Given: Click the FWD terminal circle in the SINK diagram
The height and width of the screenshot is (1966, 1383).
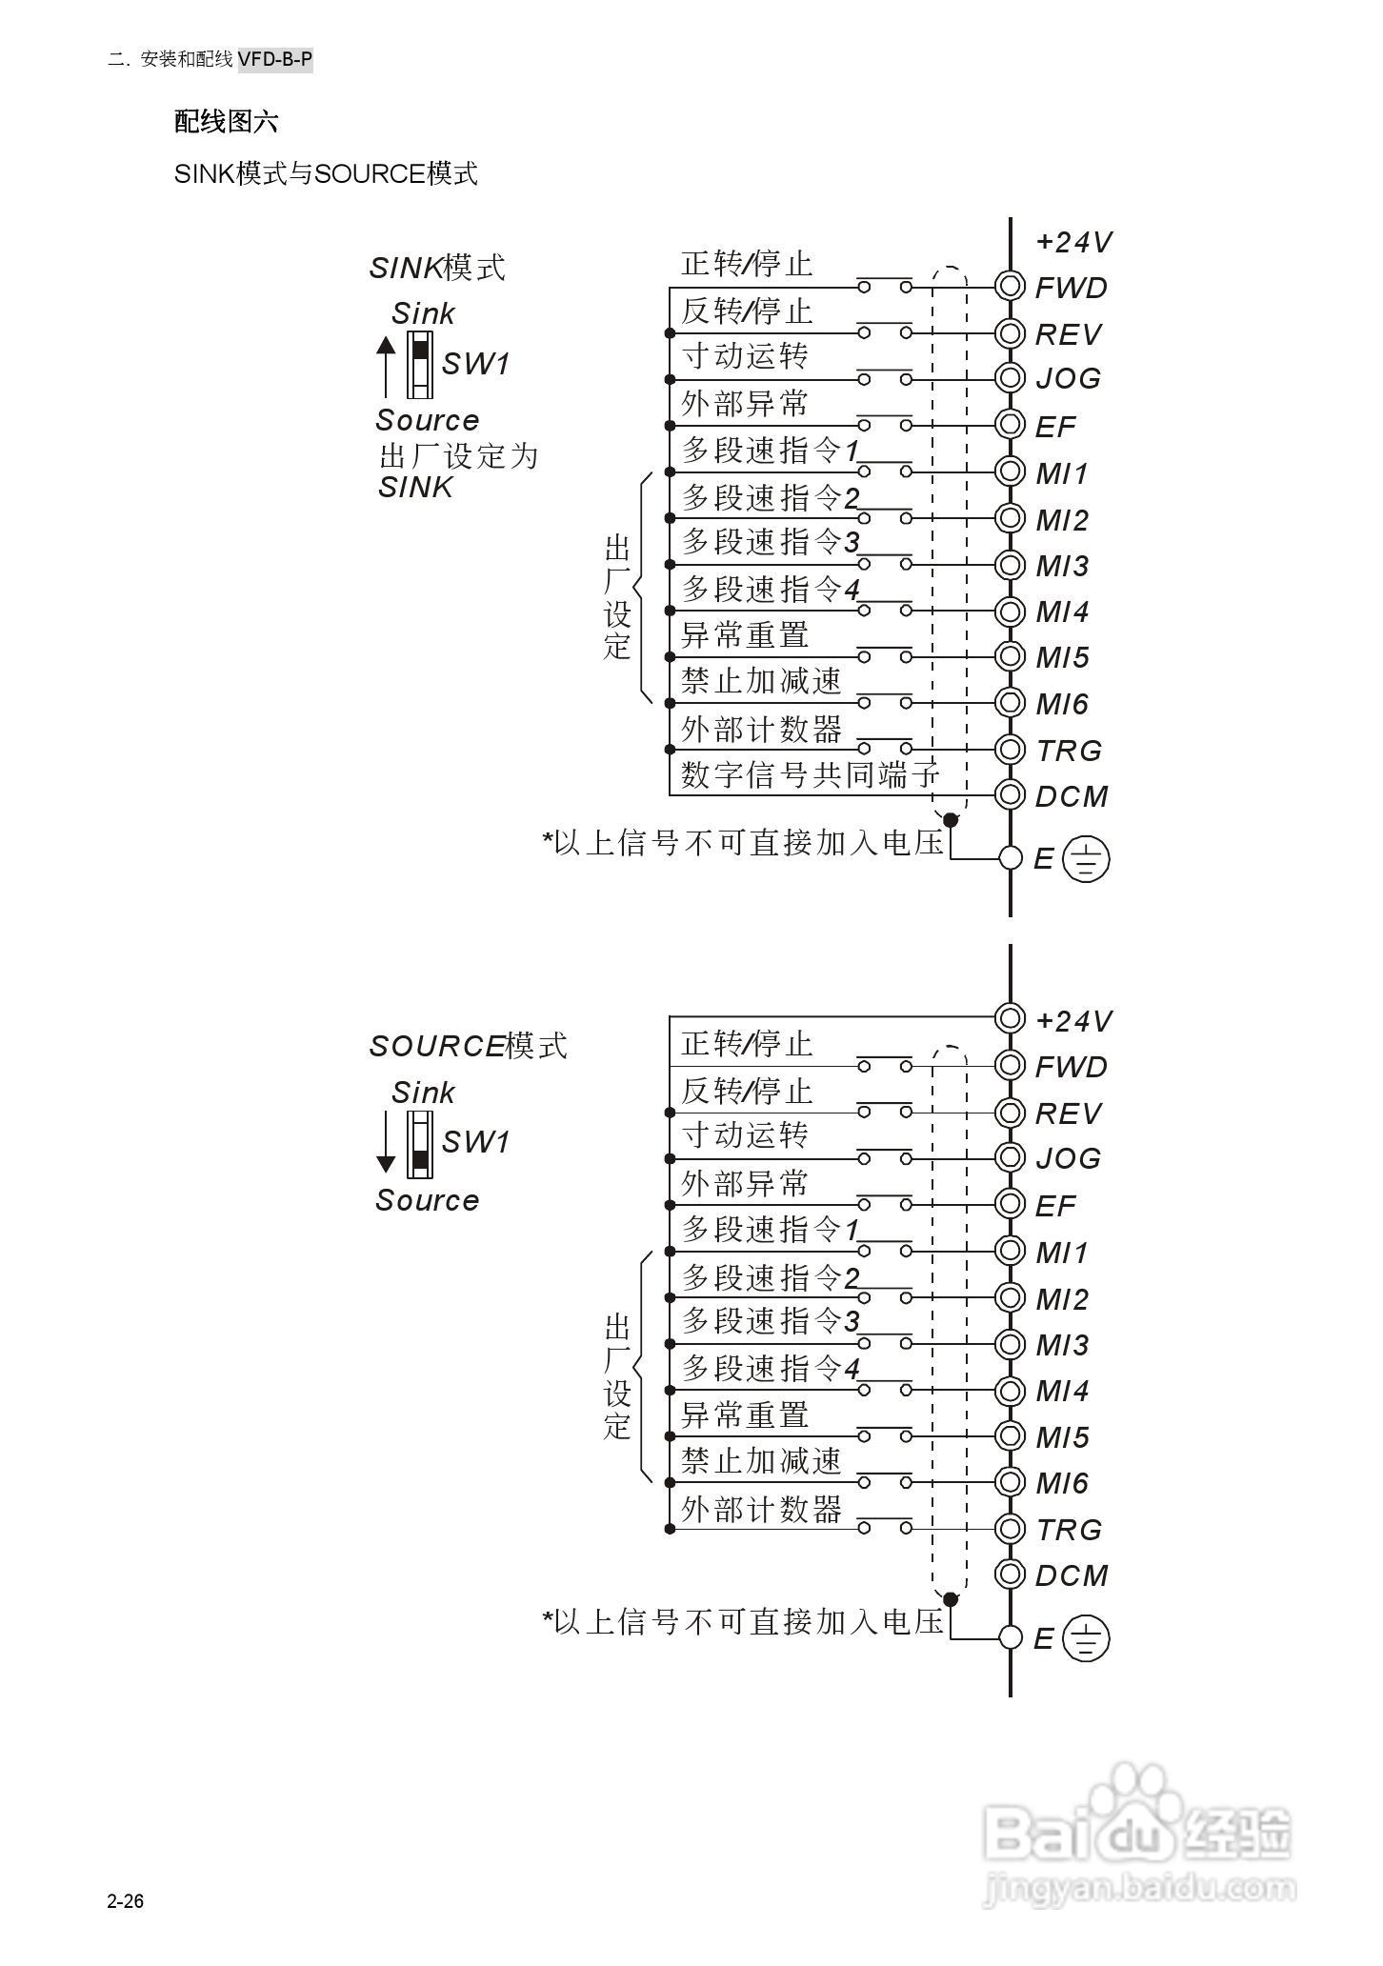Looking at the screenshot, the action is (x=1009, y=287).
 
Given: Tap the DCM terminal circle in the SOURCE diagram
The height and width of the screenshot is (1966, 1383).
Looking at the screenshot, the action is (x=1009, y=1574).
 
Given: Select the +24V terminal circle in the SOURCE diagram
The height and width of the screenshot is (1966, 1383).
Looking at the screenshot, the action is (x=1009, y=1018).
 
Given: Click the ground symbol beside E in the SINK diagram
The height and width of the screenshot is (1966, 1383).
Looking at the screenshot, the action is (x=1086, y=858).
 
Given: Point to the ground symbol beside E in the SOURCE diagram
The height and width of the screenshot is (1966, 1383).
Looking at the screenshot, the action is (x=1086, y=1637).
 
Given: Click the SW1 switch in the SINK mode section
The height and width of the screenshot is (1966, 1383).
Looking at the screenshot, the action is (x=419, y=364).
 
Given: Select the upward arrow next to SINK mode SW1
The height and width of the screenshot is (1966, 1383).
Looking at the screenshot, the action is (x=385, y=367).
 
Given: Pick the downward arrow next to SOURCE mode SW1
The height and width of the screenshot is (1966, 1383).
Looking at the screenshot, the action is (x=385, y=1143).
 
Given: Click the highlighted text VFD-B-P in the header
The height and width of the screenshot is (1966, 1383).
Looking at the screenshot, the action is (x=275, y=60).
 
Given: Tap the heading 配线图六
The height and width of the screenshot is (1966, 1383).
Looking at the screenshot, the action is (x=226, y=122).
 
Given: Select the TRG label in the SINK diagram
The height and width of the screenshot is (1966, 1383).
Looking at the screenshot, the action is (x=1069, y=751).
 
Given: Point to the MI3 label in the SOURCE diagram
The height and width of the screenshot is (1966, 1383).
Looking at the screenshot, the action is (x=1062, y=1345).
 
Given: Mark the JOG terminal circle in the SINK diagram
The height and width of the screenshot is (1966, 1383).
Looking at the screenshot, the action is (x=1009, y=378).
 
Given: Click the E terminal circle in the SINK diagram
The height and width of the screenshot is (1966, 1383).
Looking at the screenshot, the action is (x=1011, y=858).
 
